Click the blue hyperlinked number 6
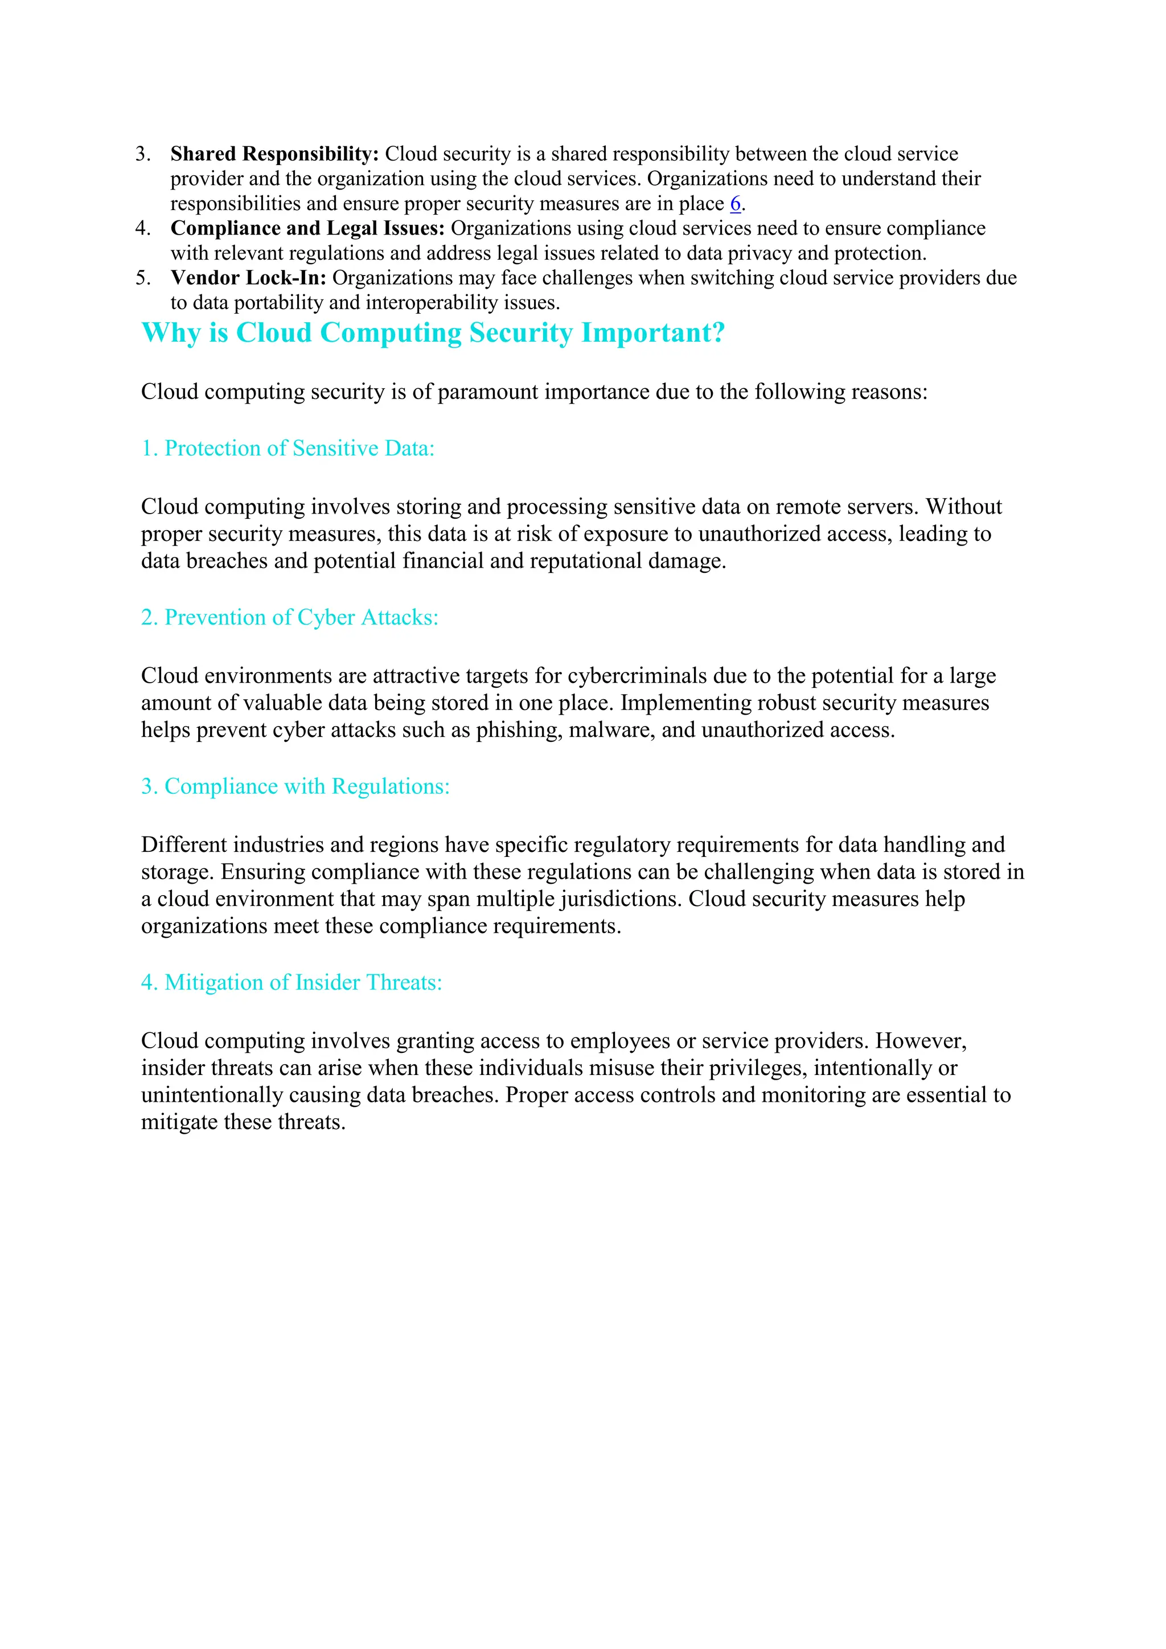(734, 204)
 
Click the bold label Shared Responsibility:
(274, 154)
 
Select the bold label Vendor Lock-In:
(248, 278)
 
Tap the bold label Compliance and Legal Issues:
(307, 228)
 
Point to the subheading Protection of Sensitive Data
(288, 448)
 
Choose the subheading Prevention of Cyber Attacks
(289, 618)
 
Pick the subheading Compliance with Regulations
(295, 786)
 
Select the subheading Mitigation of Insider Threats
(291, 982)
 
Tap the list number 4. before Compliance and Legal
(142, 228)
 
